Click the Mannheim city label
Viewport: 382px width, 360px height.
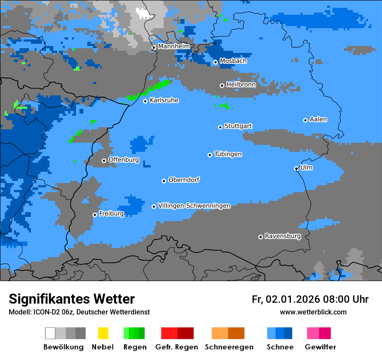(174, 46)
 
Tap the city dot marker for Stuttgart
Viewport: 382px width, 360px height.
(220, 127)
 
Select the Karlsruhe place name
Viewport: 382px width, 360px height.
(164, 100)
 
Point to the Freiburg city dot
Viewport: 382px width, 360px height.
(95, 215)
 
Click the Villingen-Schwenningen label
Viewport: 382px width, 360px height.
(194, 206)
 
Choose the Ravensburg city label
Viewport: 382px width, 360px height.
(283, 236)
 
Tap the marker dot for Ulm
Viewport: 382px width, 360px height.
(296, 168)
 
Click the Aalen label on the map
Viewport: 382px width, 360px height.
(318, 119)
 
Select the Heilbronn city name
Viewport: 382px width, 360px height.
(241, 85)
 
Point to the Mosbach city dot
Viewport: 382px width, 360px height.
(215, 62)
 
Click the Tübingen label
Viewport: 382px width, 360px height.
(228, 154)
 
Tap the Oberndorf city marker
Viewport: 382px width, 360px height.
(164, 181)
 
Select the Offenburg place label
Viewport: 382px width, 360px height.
(123, 160)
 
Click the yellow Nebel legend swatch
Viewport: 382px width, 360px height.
(103, 333)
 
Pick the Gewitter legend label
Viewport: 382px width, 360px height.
(320, 347)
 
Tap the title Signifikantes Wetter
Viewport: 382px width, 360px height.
(72, 299)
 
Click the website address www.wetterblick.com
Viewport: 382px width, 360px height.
(313, 312)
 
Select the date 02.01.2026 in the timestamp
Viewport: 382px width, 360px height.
(293, 299)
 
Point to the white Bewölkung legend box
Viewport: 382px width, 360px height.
(50, 333)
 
